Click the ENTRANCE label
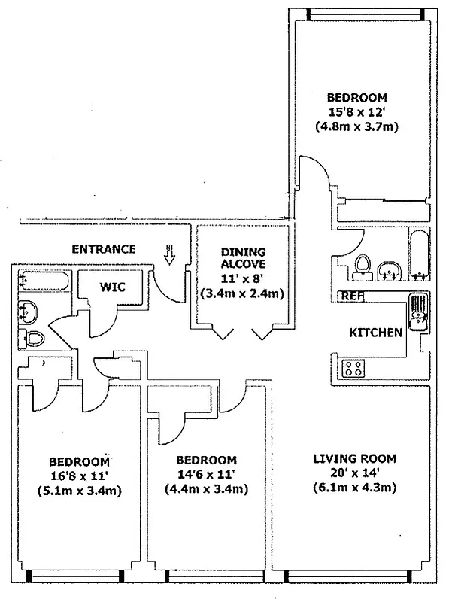[x=104, y=249]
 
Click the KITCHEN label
[x=373, y=332]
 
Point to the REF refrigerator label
[x=352, y=296]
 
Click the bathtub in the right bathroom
[x=418, y=257]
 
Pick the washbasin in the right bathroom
[x=390, y=271]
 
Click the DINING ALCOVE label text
[x=240, y=260]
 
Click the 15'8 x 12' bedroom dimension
[x=356, y=112]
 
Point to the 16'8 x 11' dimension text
[x=80, y=476]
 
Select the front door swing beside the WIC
[x=166, y=284]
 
